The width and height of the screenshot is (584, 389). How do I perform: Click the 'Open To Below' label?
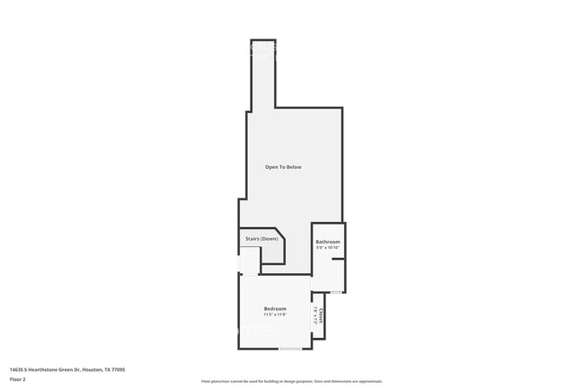tap(282, 167)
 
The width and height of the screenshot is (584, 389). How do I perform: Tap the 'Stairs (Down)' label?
tap(261, 238)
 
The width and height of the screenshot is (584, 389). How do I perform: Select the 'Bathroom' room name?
tap(327, 242)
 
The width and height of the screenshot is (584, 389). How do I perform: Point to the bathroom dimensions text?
tap(327, 248)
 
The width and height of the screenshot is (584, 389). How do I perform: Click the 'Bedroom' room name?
tap(275, 308)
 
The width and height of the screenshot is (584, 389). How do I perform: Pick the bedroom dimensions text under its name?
tap(275, 314)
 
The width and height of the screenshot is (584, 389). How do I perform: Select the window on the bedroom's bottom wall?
tap(289, 348)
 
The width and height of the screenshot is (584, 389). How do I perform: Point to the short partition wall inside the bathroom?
tap(338, 259)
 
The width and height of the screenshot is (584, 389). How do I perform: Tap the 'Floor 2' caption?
tap(18, 379)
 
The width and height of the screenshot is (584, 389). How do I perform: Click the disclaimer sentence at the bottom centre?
tap(291, 381)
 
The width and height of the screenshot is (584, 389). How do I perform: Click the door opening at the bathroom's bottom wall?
tap(335, 292)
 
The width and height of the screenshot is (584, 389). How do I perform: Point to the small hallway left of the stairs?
tap(249, 261)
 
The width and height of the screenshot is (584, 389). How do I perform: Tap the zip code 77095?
tap(119, 369)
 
